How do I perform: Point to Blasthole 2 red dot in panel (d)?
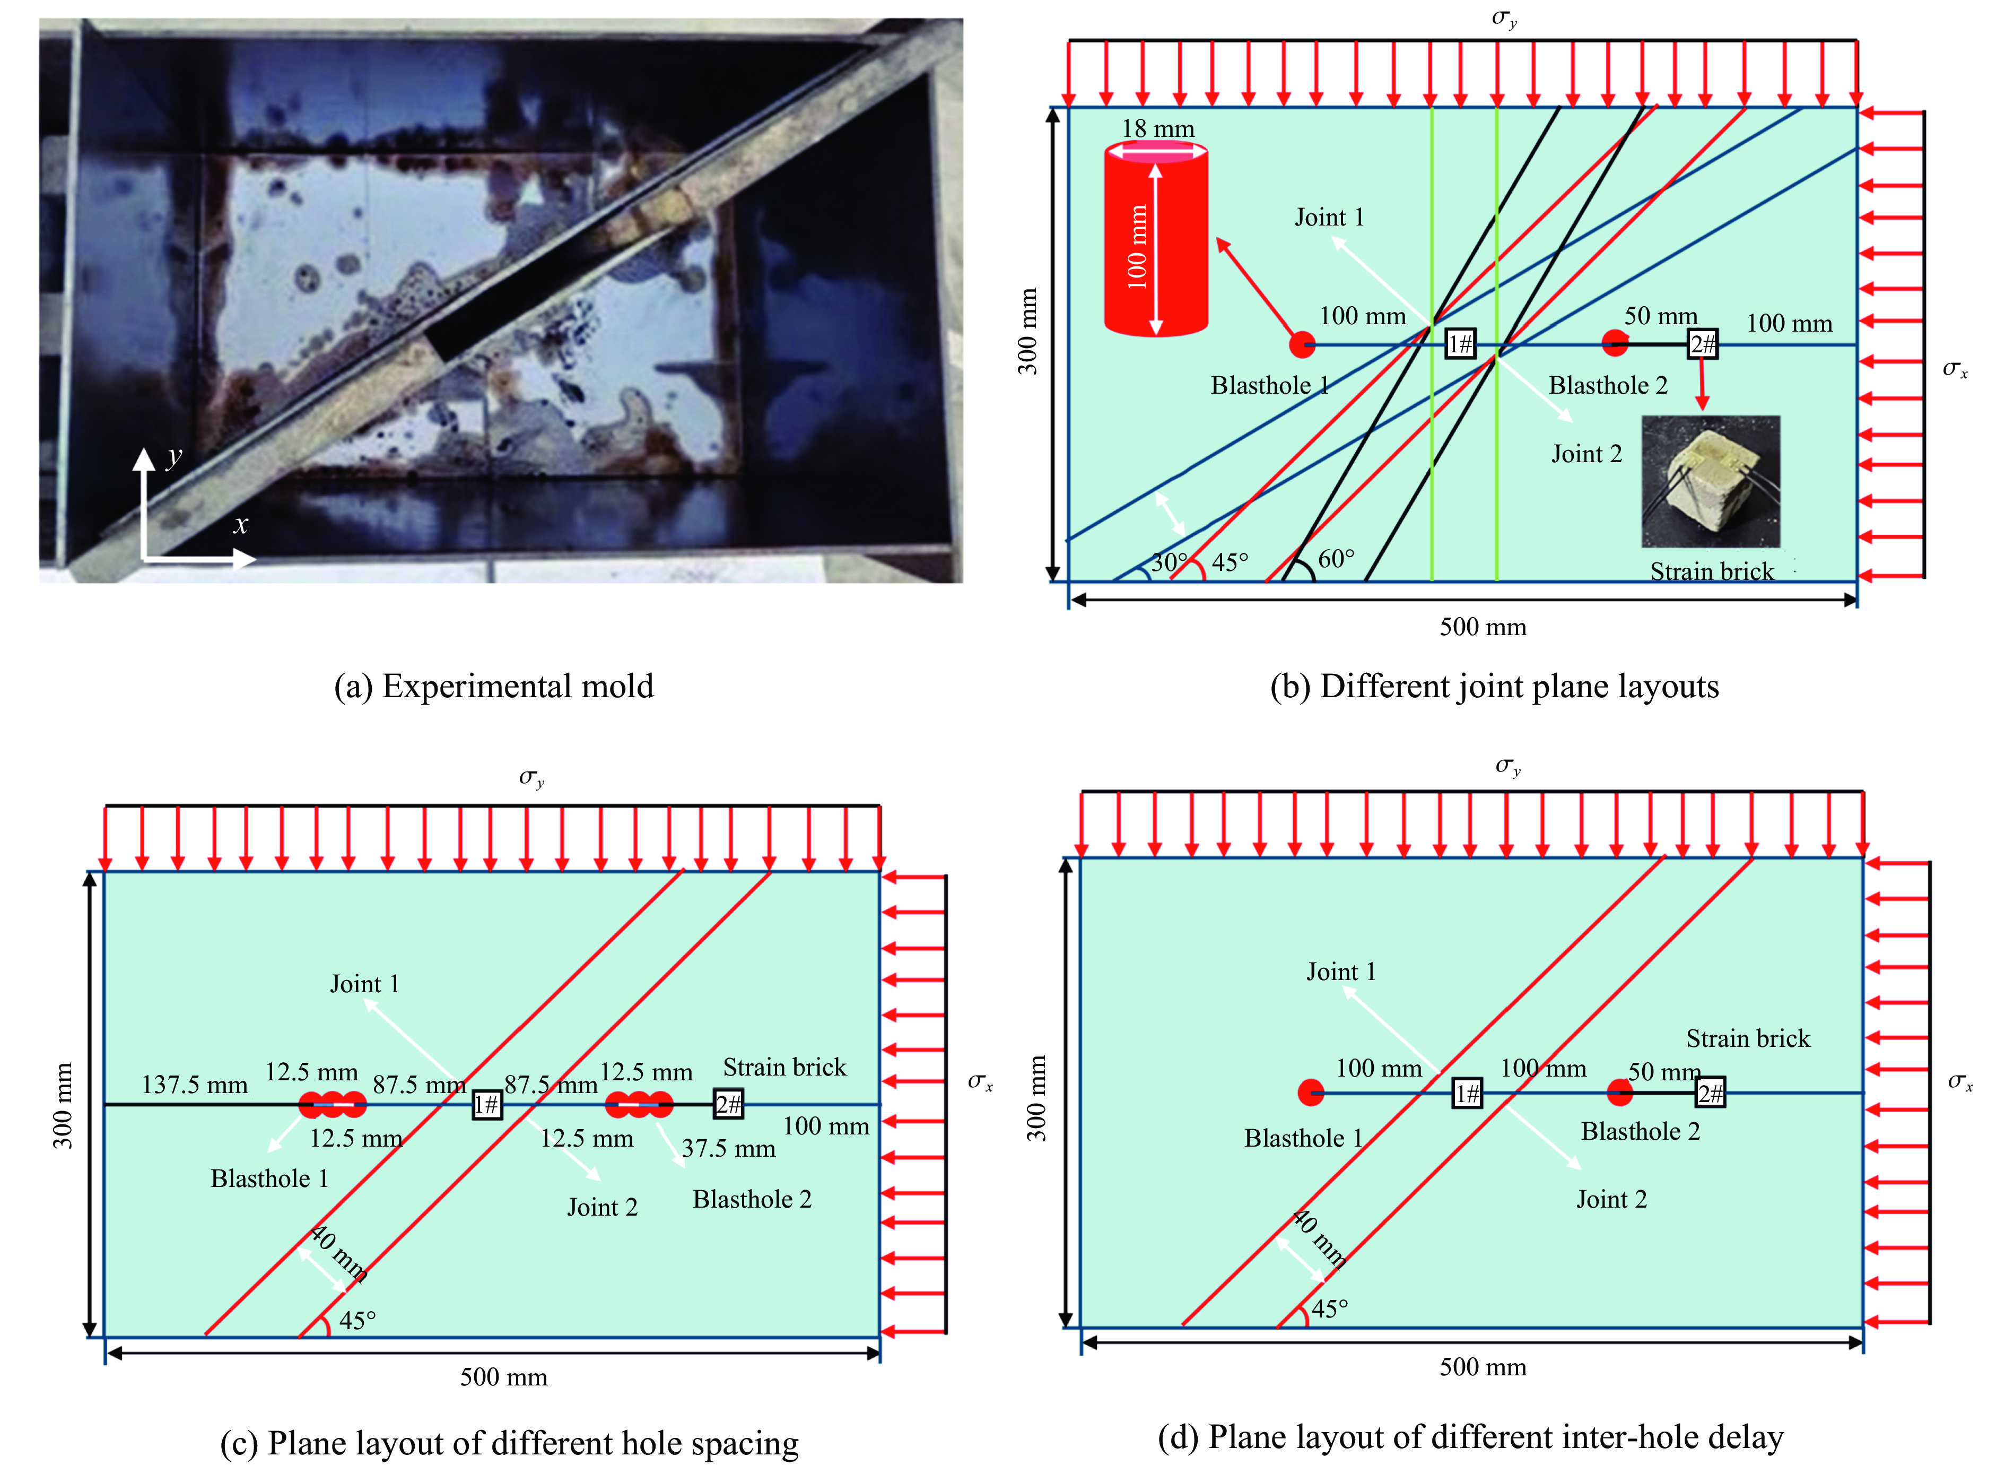tap(1619, 1093)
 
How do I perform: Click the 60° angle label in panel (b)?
tap(1336, 559)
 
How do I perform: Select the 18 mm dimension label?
tap(1157, 128)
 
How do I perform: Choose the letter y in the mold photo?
tap(175, 457)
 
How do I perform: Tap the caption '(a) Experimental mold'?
tap(494, 687)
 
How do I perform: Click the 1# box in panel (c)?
tap(486, 1104)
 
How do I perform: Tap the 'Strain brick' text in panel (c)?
tap(784, 1067)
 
